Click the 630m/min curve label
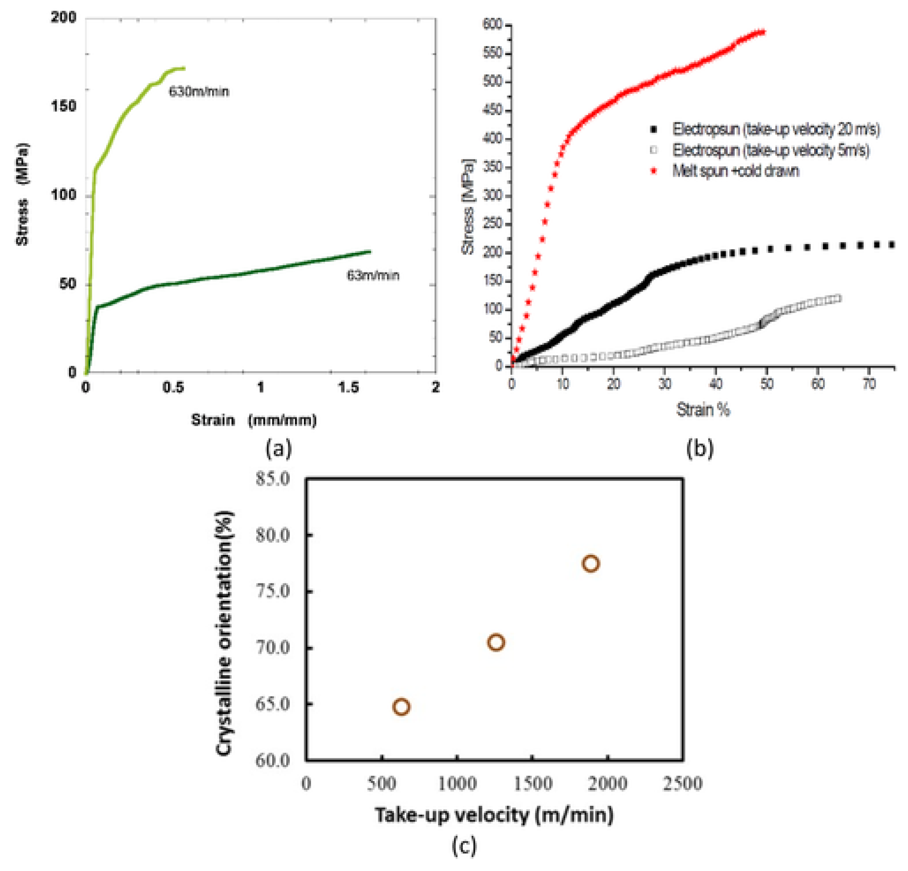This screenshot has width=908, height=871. [198, 91]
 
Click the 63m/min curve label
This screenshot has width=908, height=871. [373, 275]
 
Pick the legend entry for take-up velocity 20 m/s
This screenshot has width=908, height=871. [775, 129]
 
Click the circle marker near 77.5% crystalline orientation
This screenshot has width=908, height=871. [591, 564]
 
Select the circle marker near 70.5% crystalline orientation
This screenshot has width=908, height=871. [496, 642]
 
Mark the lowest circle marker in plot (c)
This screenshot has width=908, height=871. [401, 706]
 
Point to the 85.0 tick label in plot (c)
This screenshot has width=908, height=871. [273, 479]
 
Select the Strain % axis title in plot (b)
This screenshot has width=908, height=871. [703, 410]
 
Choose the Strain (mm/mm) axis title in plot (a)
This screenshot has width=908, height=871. [254, 420]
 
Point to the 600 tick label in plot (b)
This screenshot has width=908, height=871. [492, 24]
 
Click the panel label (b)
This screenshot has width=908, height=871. [700, 448]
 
